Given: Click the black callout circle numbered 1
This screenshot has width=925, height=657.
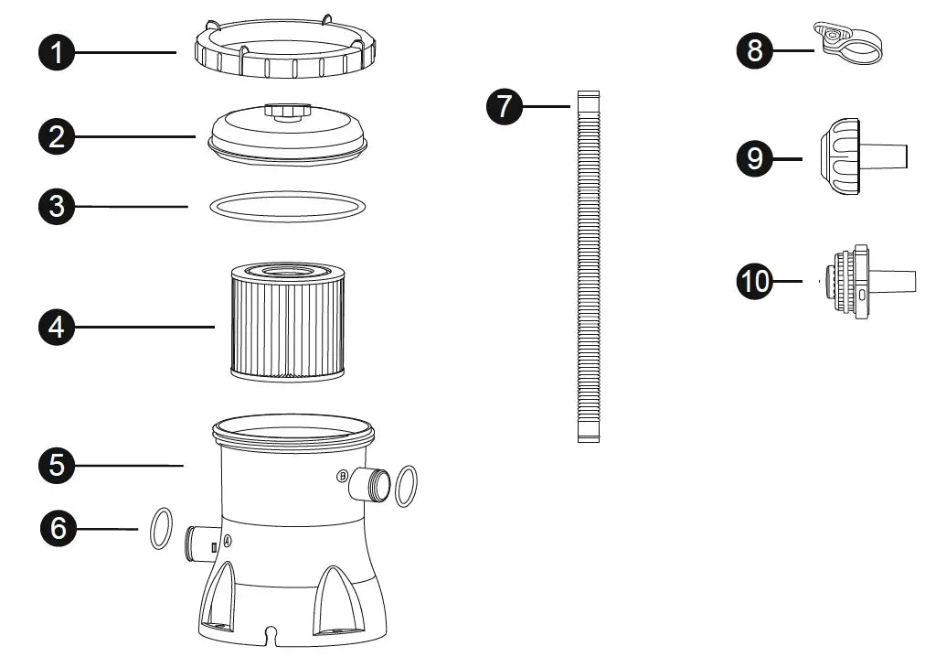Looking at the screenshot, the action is [x=57, y=52].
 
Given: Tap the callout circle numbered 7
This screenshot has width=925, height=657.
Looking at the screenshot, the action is [x=505, y=106].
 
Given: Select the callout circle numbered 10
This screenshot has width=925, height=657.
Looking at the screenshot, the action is [x=754, y=281].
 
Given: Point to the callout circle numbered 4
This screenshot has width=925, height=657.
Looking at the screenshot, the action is [x=57, y=327].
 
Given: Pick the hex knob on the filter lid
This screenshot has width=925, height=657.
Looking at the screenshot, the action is [x=287, y=111].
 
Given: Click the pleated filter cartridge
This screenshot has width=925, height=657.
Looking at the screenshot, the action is [x=288, y=321].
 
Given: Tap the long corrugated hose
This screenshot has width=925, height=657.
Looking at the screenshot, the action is [x=589, y=266].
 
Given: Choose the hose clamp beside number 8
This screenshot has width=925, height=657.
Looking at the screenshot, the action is [x=847, y=41].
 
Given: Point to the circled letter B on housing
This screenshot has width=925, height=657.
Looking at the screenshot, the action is [x=342, y=476].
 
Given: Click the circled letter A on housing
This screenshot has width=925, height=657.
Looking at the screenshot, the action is [x=228, y=540].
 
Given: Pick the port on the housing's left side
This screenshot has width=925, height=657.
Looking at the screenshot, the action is [x=200, y=543].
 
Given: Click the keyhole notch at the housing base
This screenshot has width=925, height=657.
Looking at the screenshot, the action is [x=271, y=634].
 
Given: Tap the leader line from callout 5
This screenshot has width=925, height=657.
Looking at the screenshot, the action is [x=129, y=466].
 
